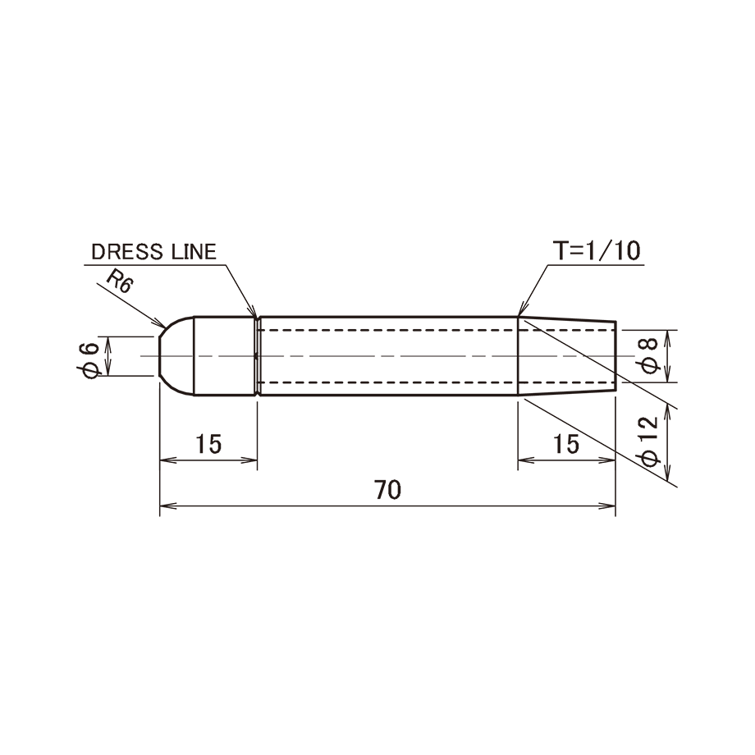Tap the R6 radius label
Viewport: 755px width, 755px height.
pyautogui.click(x=119, y=281)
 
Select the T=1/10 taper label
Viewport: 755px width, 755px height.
pyautogui.click(x=597, y=250)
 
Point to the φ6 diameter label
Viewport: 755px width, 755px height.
pyautogui.click(x=89, y=360)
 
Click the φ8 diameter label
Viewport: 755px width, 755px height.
pyautogui.click(x=649, y=356)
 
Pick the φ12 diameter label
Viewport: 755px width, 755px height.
pyautogui.click(x=649, y=442)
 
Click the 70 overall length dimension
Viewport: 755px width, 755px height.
pyautogui.click(x=387, y=490)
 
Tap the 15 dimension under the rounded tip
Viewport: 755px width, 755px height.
pyautogui.click(x=208, y=444)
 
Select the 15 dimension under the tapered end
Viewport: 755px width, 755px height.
pyautogui.click(x=566, y=444)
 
